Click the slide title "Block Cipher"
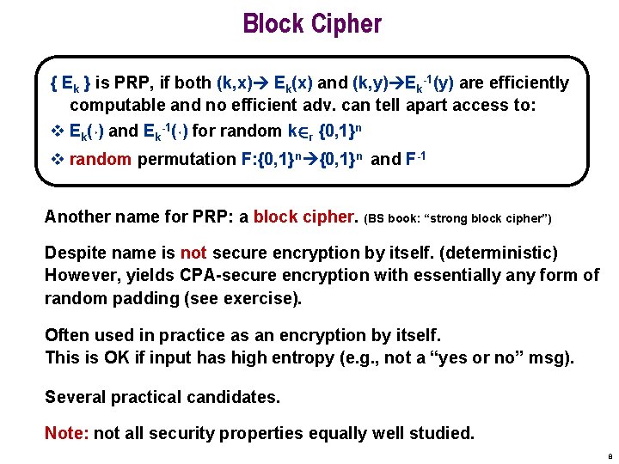click(311, 23)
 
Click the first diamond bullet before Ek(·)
click(56, 131)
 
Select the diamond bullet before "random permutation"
click(56, 160)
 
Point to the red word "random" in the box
click(101, 159)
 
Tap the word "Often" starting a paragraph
click(66, 335)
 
